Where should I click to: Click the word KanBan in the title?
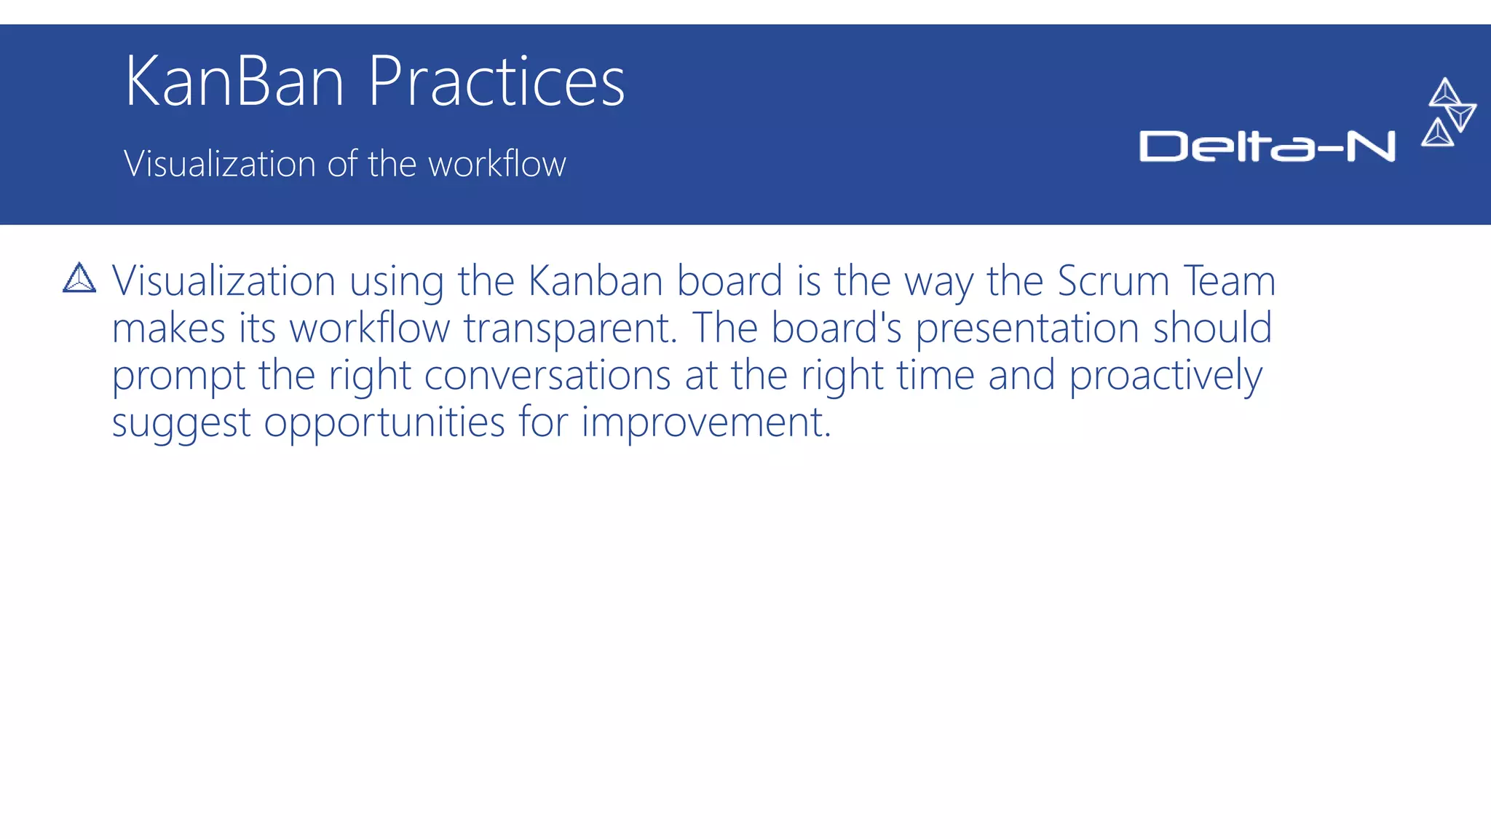234,82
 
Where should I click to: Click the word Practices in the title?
496,82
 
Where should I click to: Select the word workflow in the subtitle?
497,164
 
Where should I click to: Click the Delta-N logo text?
1267,146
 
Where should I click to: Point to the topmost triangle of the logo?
1444,92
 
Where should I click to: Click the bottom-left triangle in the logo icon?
1437,133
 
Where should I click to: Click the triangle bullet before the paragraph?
79,278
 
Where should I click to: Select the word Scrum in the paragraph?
1113,281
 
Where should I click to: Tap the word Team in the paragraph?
1229,281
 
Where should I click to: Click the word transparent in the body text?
570,328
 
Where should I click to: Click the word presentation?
1027,328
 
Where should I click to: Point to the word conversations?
547,376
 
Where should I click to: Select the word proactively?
1165,376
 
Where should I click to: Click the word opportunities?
384,423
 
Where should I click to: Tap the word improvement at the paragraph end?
705,423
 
